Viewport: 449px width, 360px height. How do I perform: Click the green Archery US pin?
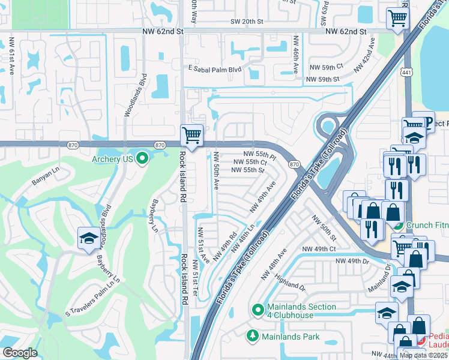[142, 159]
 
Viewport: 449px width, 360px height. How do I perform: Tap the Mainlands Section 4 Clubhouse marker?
[258, 310]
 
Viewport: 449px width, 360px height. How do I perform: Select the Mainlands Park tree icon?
[253, 336]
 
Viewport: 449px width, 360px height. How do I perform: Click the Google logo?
[20, 353]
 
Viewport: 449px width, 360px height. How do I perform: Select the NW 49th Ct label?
[322, 248]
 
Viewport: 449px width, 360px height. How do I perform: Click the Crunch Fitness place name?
[427, 226]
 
